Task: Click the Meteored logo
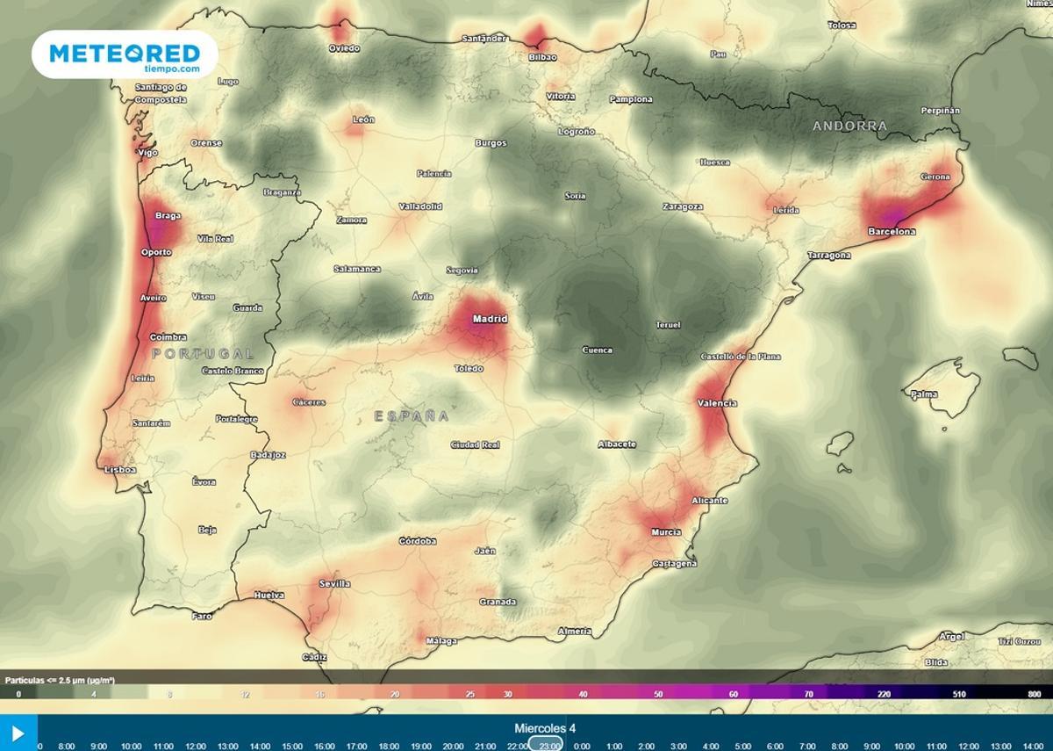tap(125, 54)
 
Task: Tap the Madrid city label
tap(490, 319)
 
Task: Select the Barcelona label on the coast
tap(892, 232)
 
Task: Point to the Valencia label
tap(717, 403)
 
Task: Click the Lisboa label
tap(120, 470)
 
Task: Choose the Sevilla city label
tap(334, 583)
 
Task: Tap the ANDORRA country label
tap(849, 126)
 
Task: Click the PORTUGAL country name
tap(203, 354)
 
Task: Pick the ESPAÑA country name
tap(412, 416)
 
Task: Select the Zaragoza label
tap(683, 207)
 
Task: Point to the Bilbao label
tap(542, 57)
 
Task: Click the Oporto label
tap(156, 252)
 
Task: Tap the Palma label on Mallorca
tap(924, 394)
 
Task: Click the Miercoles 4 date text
tap(545, 728)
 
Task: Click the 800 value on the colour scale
tap(1034, 694)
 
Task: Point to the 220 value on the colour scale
tap(884, 694)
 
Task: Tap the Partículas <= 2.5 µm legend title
tap(61, 680)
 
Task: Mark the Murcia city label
tap(666, 532)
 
